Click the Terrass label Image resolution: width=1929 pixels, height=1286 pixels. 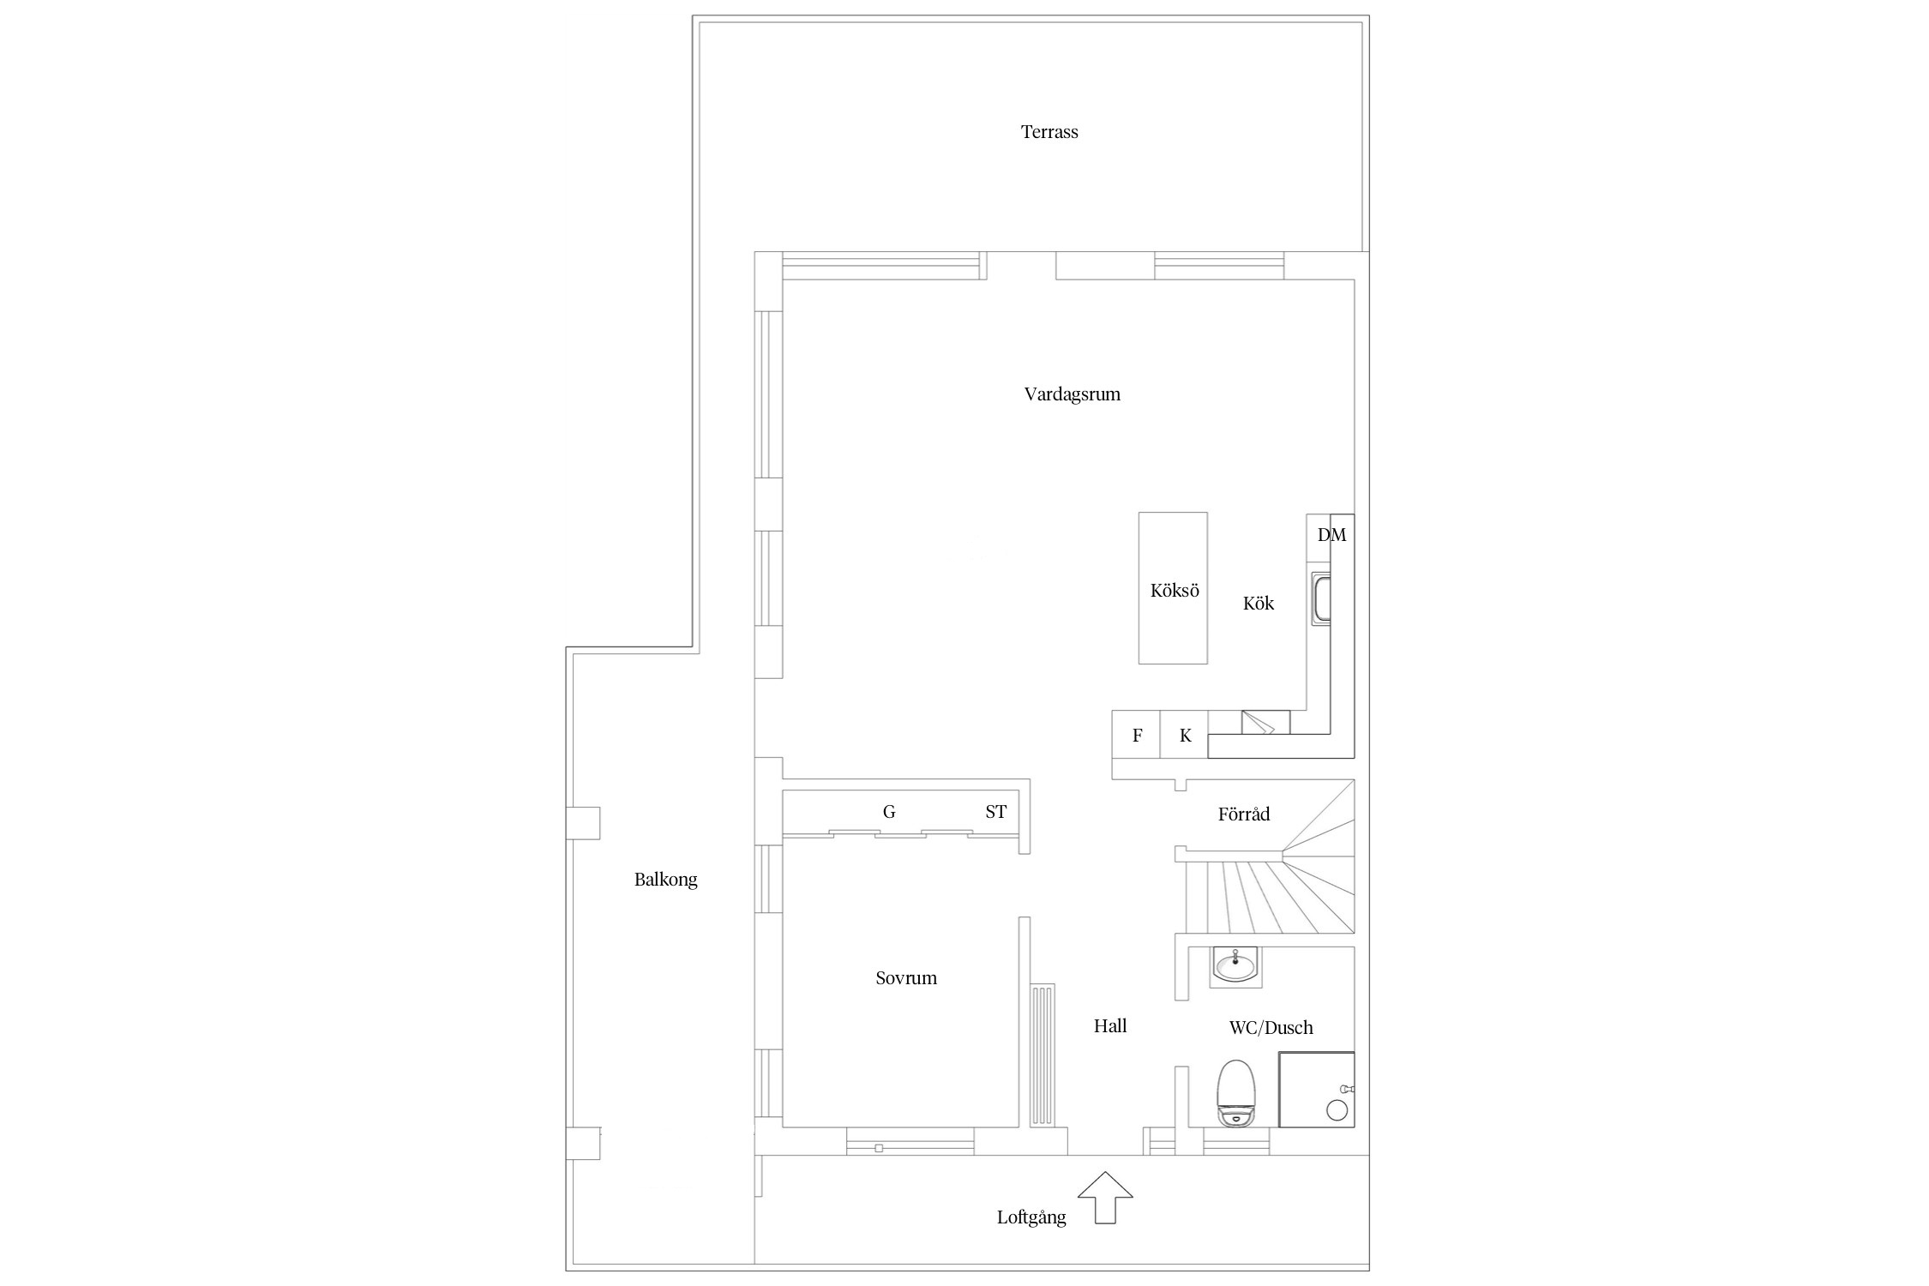(1049, 132)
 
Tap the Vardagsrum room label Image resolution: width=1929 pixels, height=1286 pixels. (1073, 394)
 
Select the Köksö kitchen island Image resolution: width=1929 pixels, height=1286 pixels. (1173, 588)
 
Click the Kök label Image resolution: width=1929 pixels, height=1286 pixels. (1259, 604)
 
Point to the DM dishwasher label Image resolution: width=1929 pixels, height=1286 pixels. (1331, 535)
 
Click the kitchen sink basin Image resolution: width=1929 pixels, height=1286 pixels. (1322, 599)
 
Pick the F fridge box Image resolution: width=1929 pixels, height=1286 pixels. (1137, 735)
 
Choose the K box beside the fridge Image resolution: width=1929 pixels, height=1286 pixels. (1185, 735)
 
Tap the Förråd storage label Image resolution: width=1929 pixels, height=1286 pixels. (1244, 814)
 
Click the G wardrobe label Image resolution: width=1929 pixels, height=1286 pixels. (889, 812)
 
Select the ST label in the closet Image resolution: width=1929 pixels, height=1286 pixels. (995, 812)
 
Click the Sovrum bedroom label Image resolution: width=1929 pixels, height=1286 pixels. (906, 978)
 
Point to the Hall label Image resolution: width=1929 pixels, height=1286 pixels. (1110, 1025)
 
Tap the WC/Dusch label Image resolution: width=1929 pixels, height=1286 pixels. (1271, 1027)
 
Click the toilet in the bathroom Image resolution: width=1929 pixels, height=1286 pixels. (1235, 1092)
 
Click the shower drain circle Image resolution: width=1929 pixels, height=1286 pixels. (1337, 1110)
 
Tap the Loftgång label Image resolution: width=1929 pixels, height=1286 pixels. (1031, 1218)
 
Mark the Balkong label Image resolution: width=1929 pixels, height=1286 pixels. (666, 880)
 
